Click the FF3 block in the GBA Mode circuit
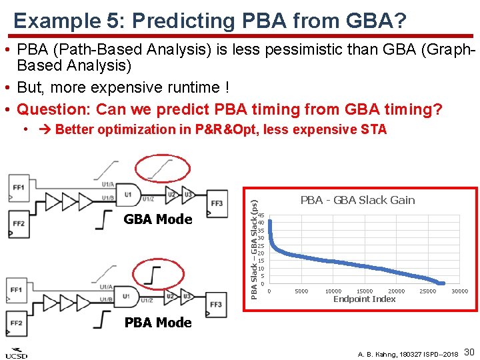point(217,202)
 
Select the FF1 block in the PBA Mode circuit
point(18,290)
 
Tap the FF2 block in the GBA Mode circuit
point(19,223)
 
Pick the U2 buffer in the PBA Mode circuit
point(171,295)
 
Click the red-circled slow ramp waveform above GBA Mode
point(159,168)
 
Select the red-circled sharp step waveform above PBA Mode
point(156,274)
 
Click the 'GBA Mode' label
point(158,219)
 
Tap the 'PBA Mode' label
point(158,323)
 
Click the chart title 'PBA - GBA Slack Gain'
point(357,200)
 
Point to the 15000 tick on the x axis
point(365,291)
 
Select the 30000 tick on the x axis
point(459,291)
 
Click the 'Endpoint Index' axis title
point(365,299)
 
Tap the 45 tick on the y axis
point(261,215)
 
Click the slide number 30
point(469,351)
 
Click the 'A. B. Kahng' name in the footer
point(377,354)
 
